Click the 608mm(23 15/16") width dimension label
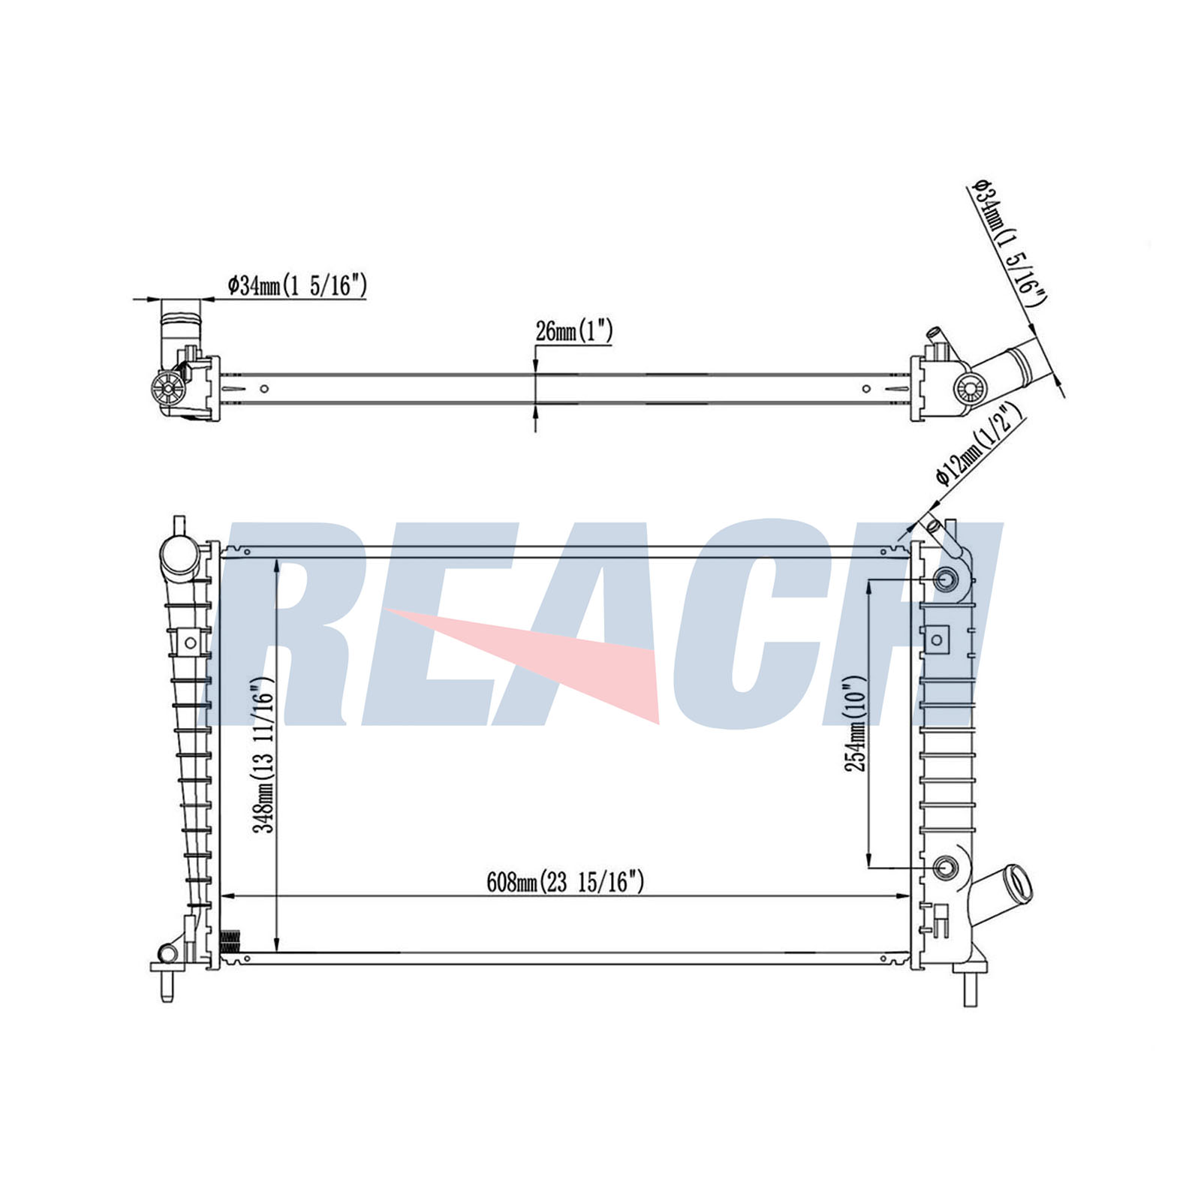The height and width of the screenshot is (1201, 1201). point(565,882)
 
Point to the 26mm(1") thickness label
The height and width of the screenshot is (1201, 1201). point(574,330)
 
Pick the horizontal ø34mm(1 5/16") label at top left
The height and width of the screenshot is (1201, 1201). point(297,285)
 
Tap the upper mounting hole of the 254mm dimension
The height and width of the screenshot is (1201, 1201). point(946,580)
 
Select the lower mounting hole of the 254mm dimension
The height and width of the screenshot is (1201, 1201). point(946,868)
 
